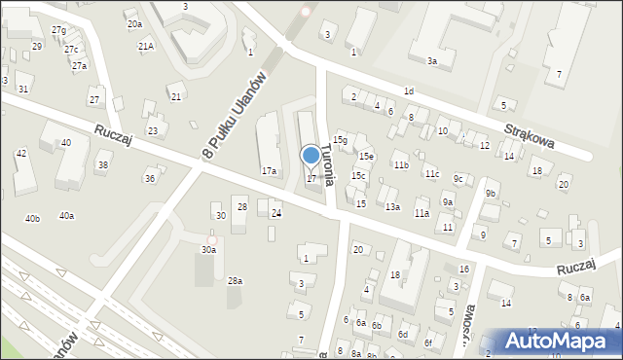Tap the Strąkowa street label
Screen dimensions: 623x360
530,129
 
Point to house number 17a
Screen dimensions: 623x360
269,171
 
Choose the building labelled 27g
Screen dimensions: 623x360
59,31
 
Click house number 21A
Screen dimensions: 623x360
146,46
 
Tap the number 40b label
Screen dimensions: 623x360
33,218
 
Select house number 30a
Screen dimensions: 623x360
209,250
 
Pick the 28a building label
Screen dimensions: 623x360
235,280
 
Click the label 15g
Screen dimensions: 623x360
340,141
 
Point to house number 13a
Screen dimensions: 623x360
392,207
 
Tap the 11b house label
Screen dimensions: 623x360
401,165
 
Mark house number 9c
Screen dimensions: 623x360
458,179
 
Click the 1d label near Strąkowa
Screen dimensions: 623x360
409,91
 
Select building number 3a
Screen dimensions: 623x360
433,60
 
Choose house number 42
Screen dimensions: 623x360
20,154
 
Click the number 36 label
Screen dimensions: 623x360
150,178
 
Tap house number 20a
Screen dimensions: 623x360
134,23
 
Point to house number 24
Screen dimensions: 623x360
276,213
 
